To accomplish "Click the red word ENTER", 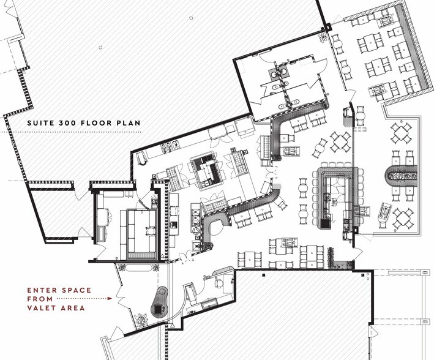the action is click(42, 290).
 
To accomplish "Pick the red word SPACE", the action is click(77, 290).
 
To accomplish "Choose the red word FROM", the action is click(40, 299).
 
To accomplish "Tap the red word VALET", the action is click(42, 308).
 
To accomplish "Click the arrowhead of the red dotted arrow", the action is click(110, 299).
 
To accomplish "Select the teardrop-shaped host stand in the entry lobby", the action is click(160, 302).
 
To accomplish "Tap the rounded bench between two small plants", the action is click(139, 268).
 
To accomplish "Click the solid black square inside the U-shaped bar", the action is click(324, 223).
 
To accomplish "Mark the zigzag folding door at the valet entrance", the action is click(121, 297).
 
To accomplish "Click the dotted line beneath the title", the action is click(70, 132).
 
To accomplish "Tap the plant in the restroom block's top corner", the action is click(322, 38).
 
